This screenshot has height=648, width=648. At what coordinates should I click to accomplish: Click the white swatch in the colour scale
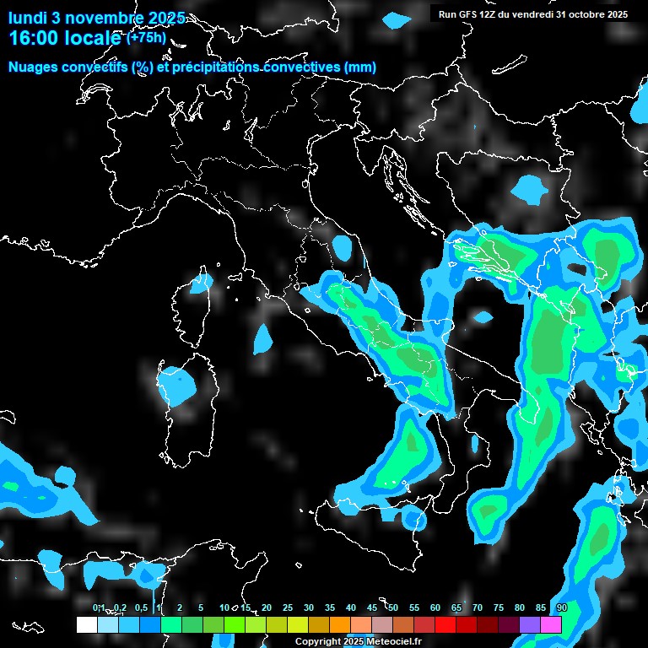(87, 624)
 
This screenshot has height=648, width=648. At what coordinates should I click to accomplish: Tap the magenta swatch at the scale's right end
(551, 624)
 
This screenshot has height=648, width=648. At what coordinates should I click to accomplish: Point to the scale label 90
(561, 607)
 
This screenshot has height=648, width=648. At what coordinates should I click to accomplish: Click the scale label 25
(287, 607)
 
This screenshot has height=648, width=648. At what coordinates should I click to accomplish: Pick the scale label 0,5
(141, 607)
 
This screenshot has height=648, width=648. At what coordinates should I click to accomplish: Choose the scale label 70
(477, 607)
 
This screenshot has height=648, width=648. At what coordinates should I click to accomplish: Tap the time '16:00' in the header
(32, 38)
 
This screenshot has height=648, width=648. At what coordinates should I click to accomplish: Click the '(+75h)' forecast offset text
(146, 37)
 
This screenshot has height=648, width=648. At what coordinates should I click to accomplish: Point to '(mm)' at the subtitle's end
(360, 67)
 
